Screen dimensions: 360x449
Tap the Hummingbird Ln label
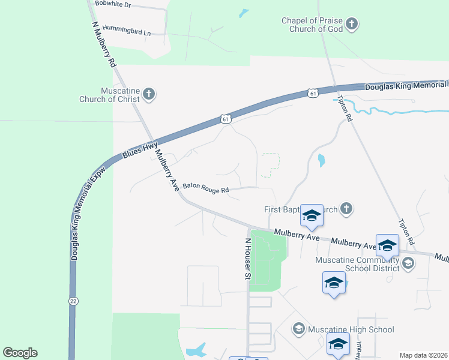126,29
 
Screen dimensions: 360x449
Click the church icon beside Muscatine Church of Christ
149,94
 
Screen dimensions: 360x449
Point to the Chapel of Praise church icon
352,25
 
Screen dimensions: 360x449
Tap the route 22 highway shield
73,301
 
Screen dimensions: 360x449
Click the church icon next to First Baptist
346,209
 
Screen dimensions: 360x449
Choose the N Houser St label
247,259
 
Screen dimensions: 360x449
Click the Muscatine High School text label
351,329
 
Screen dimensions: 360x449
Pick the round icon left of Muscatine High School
298,329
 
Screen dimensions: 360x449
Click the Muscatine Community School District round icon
408,262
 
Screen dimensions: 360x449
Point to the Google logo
20,353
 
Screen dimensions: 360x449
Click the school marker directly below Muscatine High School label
338,346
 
